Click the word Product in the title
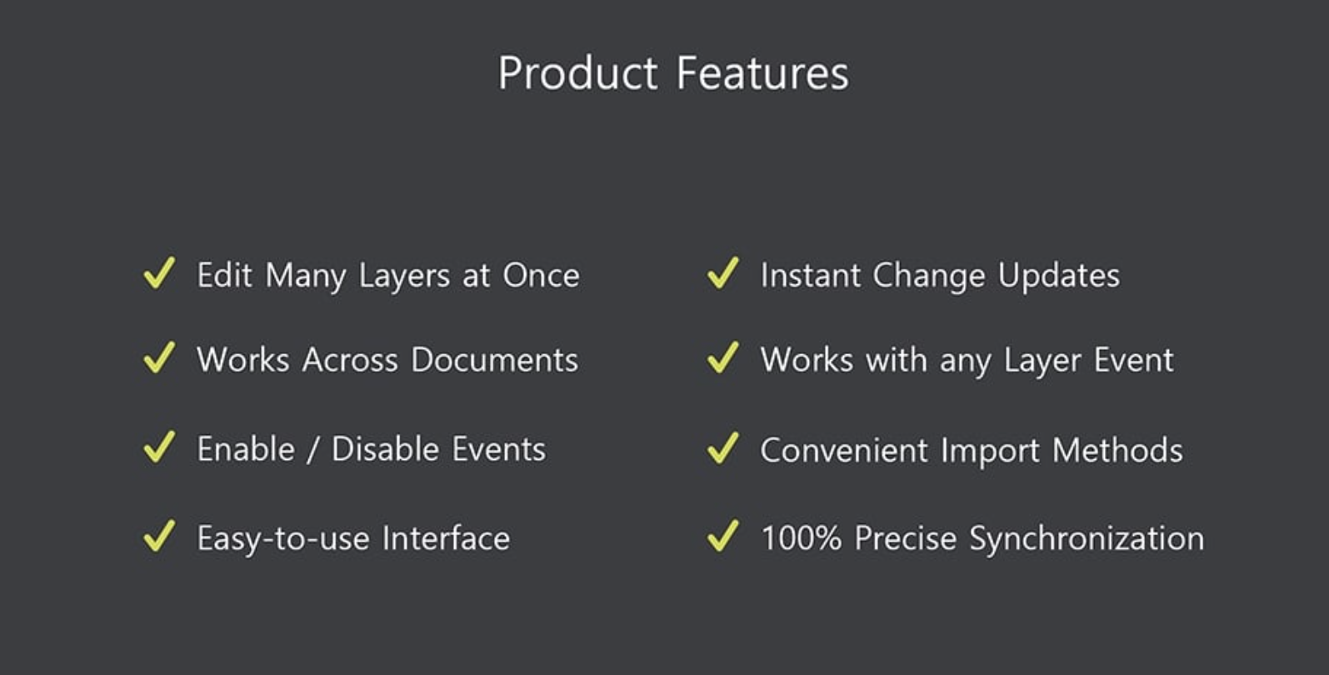577,73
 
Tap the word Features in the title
763,73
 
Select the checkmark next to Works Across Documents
159,357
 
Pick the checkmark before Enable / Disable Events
159,447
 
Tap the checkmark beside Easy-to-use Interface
159,536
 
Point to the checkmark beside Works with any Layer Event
722,357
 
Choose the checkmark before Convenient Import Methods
722,447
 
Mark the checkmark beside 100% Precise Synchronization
722,536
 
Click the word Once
541,275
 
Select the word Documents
495,360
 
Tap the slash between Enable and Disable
312,450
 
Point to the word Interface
446,538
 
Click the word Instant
811,275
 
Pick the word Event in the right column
1134,360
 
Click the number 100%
802,538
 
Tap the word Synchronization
1087,539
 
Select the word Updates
1059,277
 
